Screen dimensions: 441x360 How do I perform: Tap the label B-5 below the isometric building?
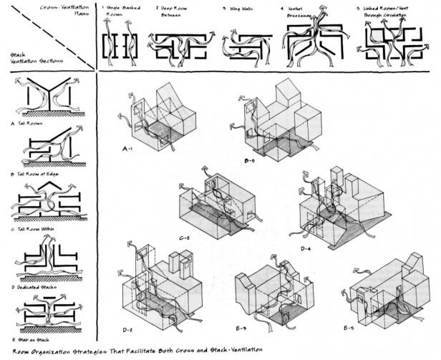click(x=251, y=162)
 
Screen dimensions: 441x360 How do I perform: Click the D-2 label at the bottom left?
click(x=129, y=329)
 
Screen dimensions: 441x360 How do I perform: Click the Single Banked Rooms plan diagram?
click(x=120, y=45)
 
